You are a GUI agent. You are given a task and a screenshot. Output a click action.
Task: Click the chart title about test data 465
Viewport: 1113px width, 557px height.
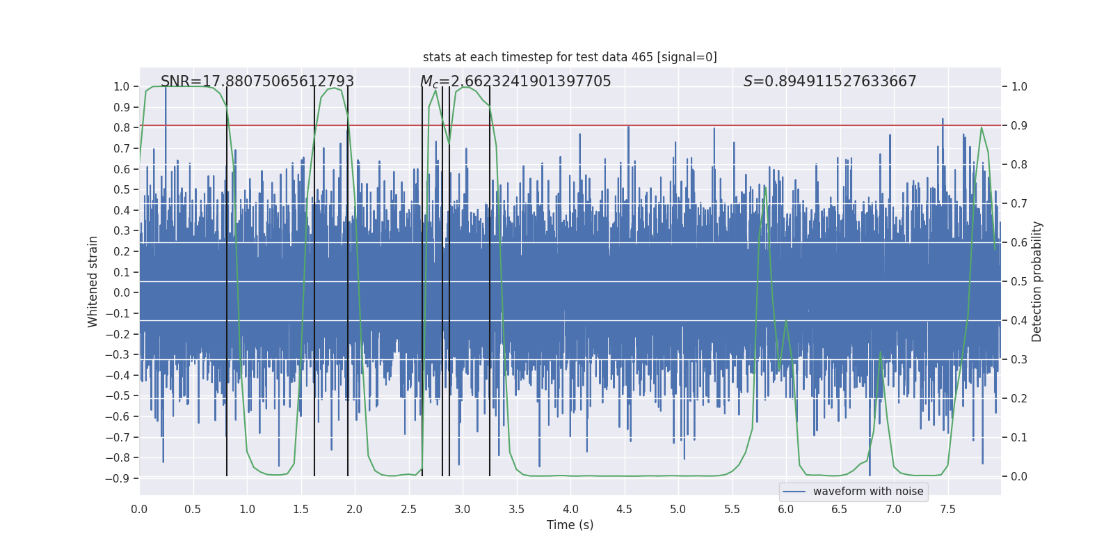(x=570, y=57)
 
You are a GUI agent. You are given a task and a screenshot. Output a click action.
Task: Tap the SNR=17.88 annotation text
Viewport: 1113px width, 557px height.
(x=257, y=81)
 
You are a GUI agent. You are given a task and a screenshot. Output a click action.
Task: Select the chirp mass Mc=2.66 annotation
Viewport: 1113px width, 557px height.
(x=515, y=81)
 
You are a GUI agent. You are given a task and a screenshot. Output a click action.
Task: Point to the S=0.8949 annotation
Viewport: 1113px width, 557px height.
(x=830, y=81)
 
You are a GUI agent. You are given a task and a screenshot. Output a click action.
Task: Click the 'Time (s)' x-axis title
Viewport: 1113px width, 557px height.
(x=570, y=525)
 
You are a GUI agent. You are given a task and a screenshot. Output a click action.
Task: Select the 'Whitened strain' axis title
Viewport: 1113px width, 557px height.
(x=93, y=281)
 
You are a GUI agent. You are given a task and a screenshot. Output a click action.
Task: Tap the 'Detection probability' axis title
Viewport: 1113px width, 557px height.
(x=1037, y=281)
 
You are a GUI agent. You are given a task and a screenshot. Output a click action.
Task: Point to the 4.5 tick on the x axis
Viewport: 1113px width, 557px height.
(x=625, y=509)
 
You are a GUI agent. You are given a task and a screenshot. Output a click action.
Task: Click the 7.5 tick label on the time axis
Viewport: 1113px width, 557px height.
(x=947, y=509)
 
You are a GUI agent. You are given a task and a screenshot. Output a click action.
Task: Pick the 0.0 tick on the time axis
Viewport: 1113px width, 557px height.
(x=139, y=509)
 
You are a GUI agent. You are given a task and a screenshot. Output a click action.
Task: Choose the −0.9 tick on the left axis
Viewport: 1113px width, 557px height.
(x=118, y=478)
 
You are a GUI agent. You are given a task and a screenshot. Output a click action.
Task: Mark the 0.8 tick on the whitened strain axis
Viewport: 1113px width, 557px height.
(x=122, y=127)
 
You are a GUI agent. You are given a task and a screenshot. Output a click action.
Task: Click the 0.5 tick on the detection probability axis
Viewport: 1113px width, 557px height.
(x=1019, y=281)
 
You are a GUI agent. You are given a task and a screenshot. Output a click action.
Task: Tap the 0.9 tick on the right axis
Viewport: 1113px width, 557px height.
(x=1019, y=125)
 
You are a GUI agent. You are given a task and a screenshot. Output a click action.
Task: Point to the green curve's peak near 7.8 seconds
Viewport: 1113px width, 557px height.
(x=981, y=127)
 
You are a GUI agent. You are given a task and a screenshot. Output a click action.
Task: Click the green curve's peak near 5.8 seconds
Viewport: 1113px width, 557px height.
(x=765, y=187)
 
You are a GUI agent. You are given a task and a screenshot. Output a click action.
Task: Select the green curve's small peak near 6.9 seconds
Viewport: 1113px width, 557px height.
(x=880, y=352)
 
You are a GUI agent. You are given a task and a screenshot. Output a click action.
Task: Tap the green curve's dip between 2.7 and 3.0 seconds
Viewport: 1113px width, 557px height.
(x=449, y=144)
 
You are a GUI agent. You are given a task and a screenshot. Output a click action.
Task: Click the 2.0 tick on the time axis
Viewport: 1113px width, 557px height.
(x=355, y=509)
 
